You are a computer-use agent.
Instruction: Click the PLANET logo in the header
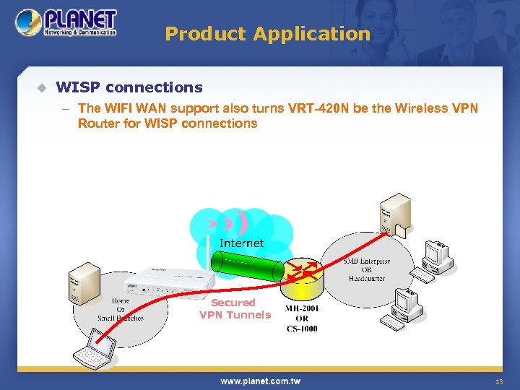click(66, 23)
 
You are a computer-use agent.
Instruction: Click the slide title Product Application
click(267, 34)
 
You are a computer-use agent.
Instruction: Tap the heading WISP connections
click(129, 87)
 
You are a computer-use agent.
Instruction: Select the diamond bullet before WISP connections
click(41, 88)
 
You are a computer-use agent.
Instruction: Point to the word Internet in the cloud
click(241, 243)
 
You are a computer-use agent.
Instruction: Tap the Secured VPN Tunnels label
click(235, 308)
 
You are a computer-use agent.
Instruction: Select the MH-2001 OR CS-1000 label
click(302, 318)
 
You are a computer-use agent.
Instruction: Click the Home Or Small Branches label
click(121, 309)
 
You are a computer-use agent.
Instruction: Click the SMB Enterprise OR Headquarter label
click(367, 269)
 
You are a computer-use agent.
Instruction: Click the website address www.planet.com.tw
click(260, 381)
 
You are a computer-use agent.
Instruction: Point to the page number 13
click(499, 381)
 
